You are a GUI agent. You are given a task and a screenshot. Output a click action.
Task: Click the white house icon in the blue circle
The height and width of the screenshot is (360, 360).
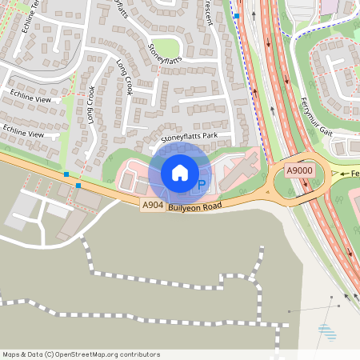click(180, 173)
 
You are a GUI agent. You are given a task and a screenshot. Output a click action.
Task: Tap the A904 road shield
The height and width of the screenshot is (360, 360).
click(153, 206)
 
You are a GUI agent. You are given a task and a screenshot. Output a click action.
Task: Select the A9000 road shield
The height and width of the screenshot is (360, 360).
click(300, 171)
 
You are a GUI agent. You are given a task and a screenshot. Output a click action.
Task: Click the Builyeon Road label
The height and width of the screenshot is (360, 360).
click(194, 206)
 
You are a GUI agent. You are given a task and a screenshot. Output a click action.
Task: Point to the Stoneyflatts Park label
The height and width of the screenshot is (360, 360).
click(190, 138)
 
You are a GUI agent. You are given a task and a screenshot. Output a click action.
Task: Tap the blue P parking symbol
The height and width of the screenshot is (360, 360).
click(202, 186)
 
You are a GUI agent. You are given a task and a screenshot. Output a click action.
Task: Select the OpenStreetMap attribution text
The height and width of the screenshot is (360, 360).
click(81, 354)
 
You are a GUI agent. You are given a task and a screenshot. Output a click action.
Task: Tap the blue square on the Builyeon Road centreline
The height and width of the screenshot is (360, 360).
click(66, 174)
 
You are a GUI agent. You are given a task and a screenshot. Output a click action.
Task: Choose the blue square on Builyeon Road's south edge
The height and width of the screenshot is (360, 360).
click(78, 185)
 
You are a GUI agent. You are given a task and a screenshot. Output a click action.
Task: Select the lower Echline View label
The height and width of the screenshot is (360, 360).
click(23, 131)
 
